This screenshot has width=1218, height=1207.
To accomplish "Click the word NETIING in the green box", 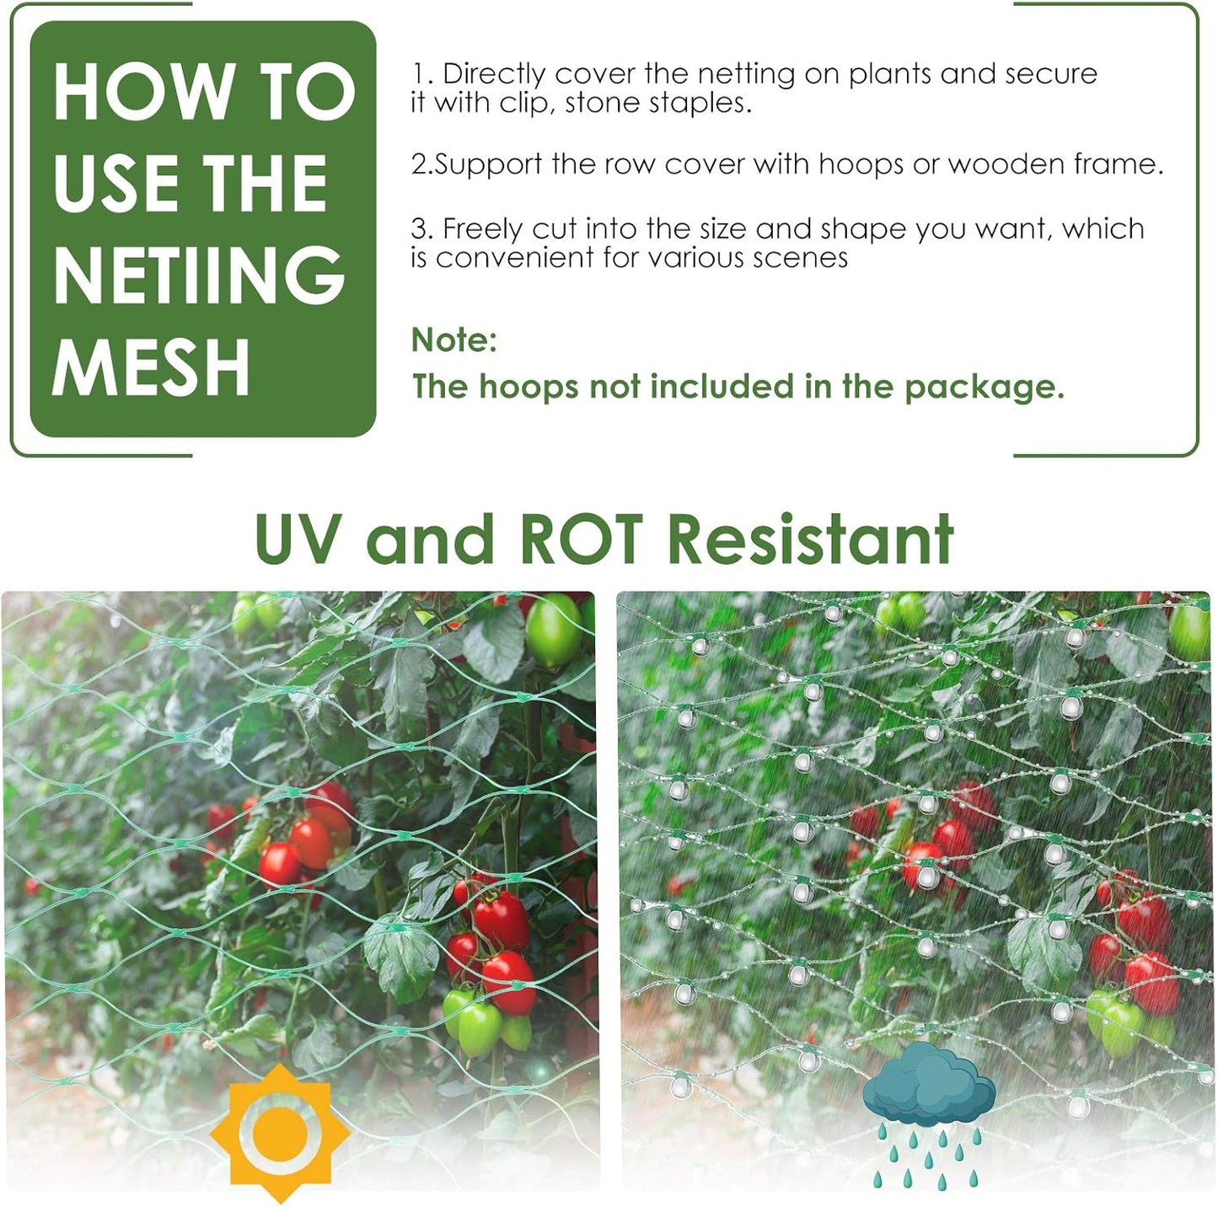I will coord(200,276).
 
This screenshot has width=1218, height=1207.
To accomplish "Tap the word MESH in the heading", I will coord(152,367).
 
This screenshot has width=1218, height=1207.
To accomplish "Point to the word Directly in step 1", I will coord(494,75).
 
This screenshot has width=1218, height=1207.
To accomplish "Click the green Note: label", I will coord(454,341).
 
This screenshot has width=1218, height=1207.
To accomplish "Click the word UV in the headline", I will coord(298,539).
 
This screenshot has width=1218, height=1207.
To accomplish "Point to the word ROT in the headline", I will coord(582,539).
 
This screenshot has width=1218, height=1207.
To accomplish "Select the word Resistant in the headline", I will coord(811,539).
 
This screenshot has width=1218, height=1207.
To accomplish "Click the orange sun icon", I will coord(279,1132).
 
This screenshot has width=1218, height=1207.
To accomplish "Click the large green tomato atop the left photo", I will coord(553,630).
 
